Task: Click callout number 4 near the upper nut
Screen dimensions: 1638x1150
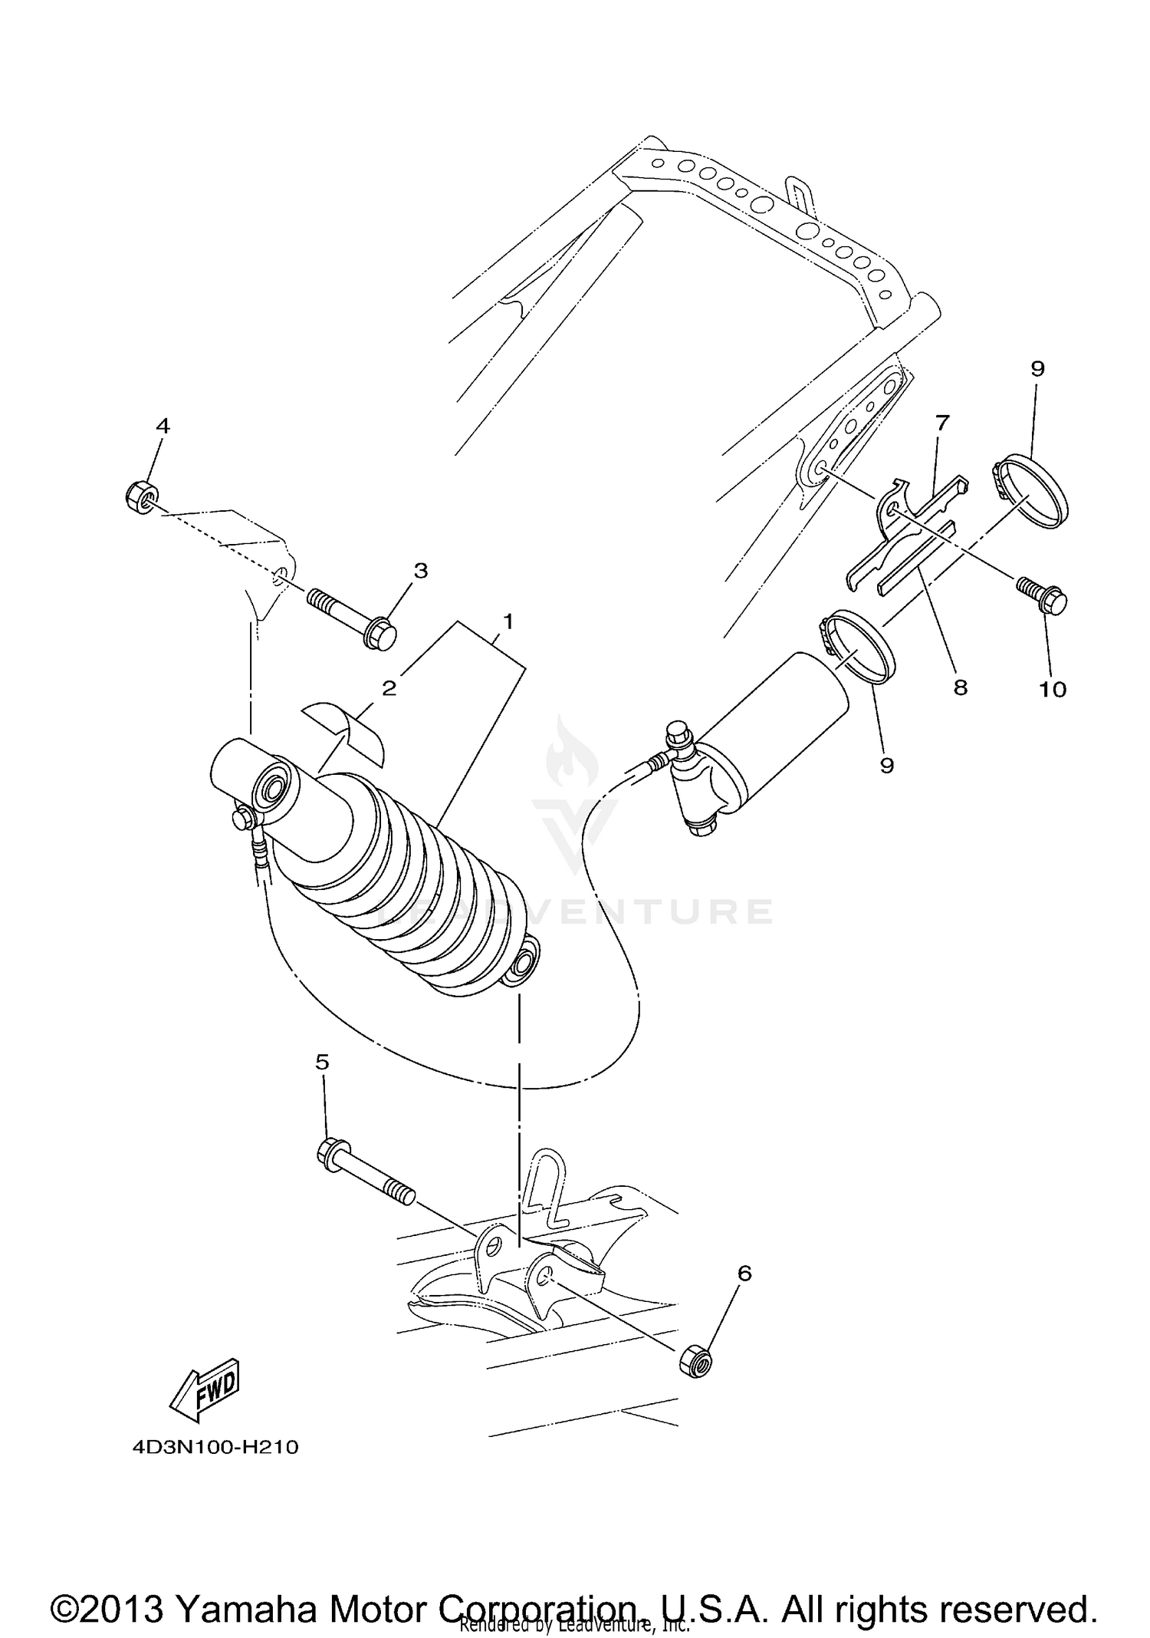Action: tap(163, 426)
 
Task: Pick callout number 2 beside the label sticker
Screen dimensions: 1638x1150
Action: tap(389, 688)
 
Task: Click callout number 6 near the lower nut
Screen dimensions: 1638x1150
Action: tap(744, 1273)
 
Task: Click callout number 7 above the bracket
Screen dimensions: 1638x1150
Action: tap(942, 422)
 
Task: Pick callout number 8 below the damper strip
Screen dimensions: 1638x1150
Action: tap(960, 687)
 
